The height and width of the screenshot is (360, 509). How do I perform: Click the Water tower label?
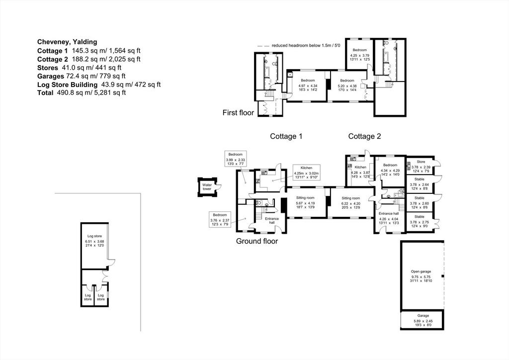[x=207, y=187]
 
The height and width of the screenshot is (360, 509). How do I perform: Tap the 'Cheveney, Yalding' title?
[x=67, y=42]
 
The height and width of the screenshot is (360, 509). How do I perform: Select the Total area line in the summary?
[x=82, y=93]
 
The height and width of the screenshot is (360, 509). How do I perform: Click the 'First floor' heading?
[x=238, y=113]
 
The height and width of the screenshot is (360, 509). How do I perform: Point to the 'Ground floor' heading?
[x=257, y=241]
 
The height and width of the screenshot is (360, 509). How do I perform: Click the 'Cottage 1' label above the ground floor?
[x=286, y=136]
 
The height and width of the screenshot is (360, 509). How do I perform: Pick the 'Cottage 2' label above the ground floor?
[x=364, y=136]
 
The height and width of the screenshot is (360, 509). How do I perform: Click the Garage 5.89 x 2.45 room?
[x=423, y=320]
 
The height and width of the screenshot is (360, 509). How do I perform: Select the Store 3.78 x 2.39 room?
[x=421, y=166]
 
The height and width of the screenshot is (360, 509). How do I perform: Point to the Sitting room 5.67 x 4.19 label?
[x=305, y=202]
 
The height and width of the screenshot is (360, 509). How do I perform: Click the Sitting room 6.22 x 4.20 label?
[x=350, y=203]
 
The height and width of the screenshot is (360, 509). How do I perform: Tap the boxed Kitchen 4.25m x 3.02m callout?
[x=306, y=172]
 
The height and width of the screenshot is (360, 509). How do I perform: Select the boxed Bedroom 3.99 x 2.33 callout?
[x=235, y=159]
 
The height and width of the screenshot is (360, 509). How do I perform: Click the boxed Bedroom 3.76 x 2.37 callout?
[x=220, y=219]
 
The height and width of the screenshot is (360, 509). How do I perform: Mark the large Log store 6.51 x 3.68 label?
[x=94, y=241]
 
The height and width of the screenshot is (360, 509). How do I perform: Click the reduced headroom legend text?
[x=306, y=45]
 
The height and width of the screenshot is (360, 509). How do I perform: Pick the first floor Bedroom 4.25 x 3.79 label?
[x=360, y=55]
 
